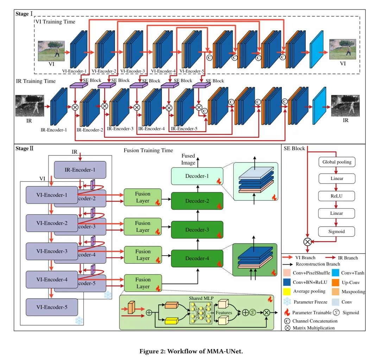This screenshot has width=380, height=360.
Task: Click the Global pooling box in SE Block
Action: [x=337, y=162]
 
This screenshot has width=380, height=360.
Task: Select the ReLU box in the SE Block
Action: [x=337, y=195]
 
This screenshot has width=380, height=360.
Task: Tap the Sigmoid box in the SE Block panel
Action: [x=337, y=231]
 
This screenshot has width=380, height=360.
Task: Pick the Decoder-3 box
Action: [x=197, y=230]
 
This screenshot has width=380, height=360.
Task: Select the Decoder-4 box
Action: [x=197, y=258]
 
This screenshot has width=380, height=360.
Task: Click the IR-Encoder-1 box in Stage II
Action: [x=80, y=170]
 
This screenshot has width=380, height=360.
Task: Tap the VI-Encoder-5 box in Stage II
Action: [x=52, y=308]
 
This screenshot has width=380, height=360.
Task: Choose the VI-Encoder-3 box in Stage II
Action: [x=52, y=251]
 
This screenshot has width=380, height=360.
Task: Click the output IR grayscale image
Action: [x=345, y=106]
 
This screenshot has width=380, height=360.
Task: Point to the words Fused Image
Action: [x=188, y=159]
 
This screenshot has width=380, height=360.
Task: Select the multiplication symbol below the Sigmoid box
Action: [x=308, y=241]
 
